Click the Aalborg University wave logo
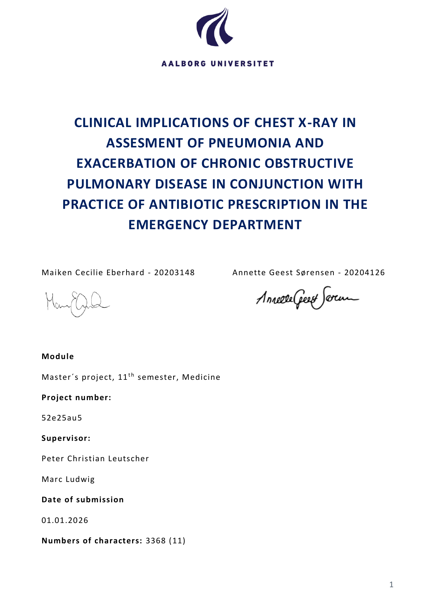[215, 27]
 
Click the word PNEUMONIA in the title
[248, 143]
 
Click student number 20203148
[174, 273]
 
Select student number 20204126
[364, 273]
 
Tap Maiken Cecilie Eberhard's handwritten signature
[77, 304]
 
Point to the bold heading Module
[58, 357]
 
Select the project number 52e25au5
[62, 418]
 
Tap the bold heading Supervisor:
[66, 438]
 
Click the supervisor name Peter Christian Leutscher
[95, 459]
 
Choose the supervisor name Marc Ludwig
[68, 479]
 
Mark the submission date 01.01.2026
[65, 520]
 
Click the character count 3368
[156, 541]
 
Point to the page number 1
[391, 585]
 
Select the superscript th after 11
[131, 375]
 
